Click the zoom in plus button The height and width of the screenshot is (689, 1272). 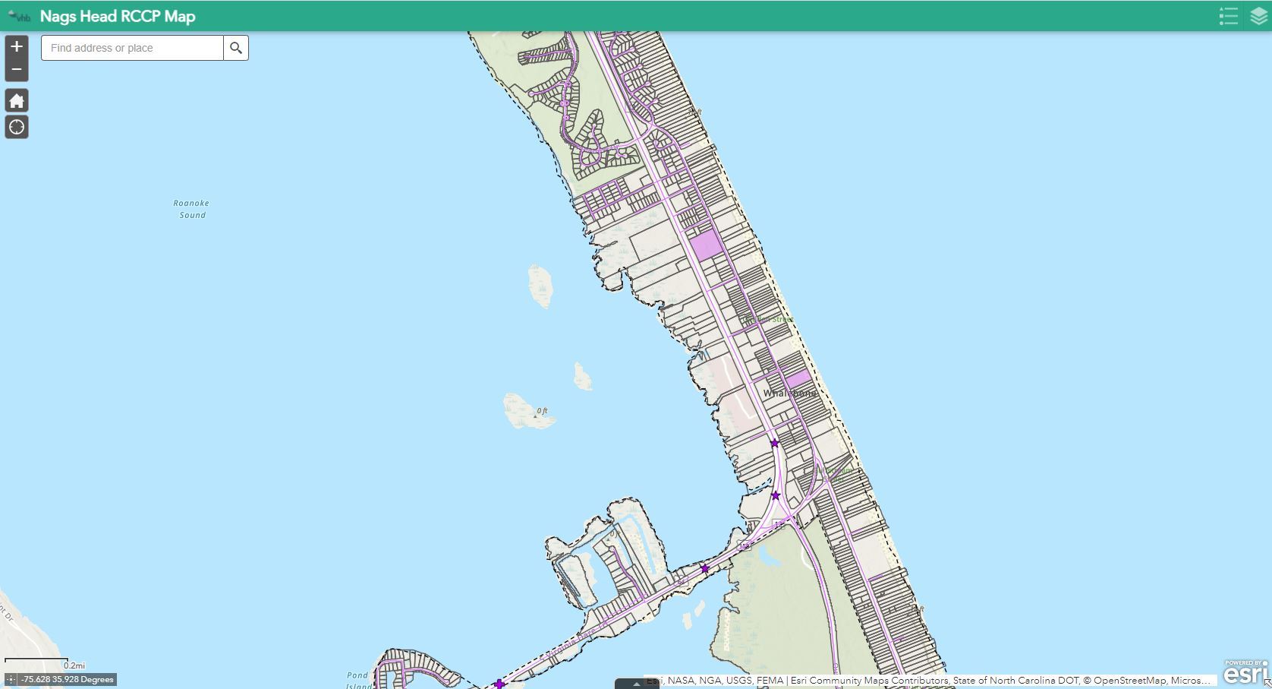pyautogui.click(x=17, y=46)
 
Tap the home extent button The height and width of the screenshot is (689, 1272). pyautogui.click(x=17, y=100)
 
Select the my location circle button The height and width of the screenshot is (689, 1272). pyautogui.click(x=17, y=127)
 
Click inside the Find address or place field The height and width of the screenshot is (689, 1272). pyautogui.click(x=132, y=48)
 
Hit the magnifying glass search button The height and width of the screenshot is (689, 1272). pyautogui.click(x=236, y=48)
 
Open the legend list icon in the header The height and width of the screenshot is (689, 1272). pyautogui.click(x=1228, y=16)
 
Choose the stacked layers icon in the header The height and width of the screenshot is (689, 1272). pyautogui.click(x=1258, y=16)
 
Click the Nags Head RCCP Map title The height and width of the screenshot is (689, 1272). pyautogui.click(x=118, y=16)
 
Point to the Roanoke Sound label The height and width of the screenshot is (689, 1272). pyautogui.click(x=191, y=209)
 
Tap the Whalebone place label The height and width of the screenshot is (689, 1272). pyautogui.click(x=790, y=393)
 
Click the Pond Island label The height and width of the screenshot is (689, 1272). pyautogui.click(x=357, y=679)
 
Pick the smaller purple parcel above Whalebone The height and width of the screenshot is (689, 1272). pyautogui.click(x=798, y=378)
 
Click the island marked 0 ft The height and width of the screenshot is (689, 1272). pyautogui.click(x=530, y=411)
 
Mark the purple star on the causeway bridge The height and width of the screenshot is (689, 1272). pyautogui.click(x=704, y=569)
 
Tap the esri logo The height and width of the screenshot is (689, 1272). pyautogui.click(x=1245, y=673)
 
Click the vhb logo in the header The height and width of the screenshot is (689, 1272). pyautogui.click(x=20, y=16)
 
